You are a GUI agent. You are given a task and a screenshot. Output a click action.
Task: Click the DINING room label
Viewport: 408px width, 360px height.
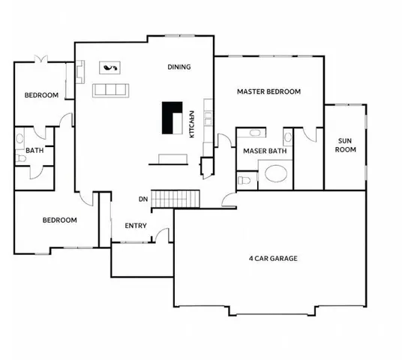point(179,67)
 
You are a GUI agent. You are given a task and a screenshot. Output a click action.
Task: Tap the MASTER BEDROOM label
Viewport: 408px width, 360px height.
point(268,91)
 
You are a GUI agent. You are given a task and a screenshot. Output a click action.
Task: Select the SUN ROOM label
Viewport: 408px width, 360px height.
point(345,145)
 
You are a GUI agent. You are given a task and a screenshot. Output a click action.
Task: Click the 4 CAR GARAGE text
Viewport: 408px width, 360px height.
point(273,259)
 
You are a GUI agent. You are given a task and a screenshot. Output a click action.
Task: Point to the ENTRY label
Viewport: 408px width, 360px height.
point(136,226)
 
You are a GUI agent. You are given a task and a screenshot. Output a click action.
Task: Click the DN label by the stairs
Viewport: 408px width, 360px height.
point(142,199)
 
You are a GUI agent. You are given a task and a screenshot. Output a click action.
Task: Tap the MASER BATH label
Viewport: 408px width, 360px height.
point(265,151)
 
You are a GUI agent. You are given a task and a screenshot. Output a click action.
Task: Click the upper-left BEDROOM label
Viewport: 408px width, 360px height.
point(41,95)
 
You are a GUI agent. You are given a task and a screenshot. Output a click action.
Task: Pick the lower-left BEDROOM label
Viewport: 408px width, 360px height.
point(59,220)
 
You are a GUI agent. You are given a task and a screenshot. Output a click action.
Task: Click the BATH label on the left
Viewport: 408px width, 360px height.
point(34,150)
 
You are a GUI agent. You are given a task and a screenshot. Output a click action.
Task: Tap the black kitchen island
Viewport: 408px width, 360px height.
point(172,117)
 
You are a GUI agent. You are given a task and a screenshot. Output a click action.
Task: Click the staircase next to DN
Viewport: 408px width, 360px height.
point(177,199)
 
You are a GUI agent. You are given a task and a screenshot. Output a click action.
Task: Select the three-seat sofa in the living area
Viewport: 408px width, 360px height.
point(111,91)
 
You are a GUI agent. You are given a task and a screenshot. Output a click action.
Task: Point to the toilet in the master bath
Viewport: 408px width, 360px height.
point(243,181)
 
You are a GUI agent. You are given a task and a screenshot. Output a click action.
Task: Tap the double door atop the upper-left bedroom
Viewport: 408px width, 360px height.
point(40,59)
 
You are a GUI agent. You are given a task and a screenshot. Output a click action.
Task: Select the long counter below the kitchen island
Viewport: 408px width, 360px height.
point(172,158)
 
